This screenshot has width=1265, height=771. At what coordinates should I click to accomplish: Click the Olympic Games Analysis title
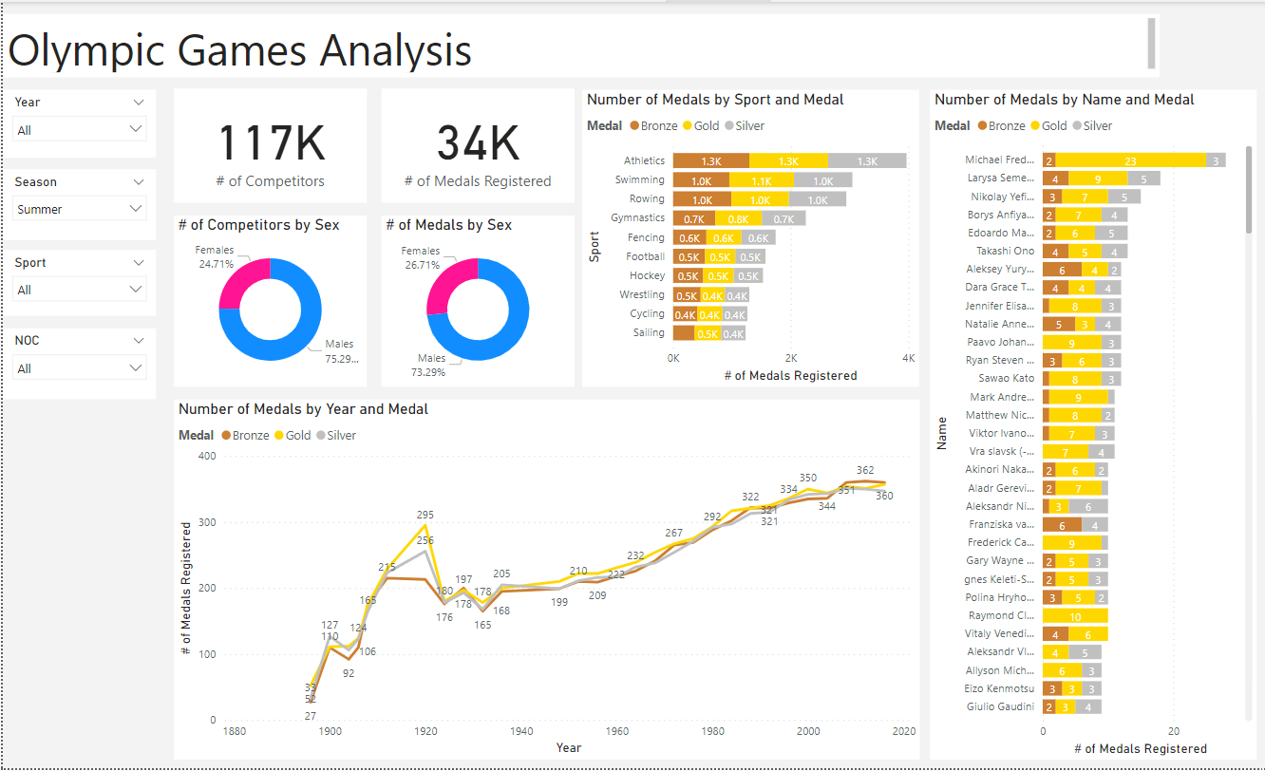click(239, 49)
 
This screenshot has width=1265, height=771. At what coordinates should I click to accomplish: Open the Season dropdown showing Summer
click(80, 209)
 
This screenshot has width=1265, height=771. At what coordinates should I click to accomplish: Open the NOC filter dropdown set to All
click(80, 368)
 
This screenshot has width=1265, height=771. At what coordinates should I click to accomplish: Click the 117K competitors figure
click(271, 143)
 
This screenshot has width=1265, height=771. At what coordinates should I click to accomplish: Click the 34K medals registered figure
click(478, 143)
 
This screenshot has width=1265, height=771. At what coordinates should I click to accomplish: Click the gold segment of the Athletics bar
click(787, 161)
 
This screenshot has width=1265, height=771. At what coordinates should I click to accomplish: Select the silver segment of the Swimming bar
click(821, 180)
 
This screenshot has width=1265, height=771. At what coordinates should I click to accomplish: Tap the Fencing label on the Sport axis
click(646, 238)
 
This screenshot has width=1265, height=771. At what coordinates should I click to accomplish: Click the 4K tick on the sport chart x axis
click(908, 358)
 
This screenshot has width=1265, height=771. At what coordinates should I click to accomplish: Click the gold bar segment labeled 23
click(1130, 160)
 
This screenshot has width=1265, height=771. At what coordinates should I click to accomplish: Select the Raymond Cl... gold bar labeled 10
click(1075, 616)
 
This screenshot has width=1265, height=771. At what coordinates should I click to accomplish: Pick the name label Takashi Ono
click(1005, 252)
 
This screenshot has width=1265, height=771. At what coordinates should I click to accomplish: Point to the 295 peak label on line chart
click(425, 515)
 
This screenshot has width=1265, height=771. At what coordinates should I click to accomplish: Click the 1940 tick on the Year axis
click(521, 732)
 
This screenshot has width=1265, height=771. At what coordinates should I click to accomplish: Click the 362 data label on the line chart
click(864, 470)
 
